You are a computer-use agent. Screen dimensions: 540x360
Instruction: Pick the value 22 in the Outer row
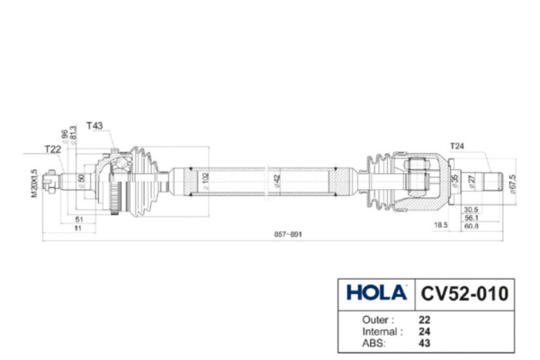coord(425,319)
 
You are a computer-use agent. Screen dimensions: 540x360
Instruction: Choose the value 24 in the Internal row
coord(425,330)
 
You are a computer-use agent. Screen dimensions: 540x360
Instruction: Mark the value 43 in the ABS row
coord(425,342)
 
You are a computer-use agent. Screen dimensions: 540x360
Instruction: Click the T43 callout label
coord(94,126)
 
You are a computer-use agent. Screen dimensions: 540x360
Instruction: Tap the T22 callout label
coord(53,148)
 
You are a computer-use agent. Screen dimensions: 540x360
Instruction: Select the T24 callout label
coord(459,144)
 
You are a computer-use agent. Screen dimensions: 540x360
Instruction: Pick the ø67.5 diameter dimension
coord(512,184)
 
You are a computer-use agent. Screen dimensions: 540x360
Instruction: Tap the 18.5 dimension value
coord(441,225)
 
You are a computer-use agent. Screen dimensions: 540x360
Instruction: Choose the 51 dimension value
coord(79,219)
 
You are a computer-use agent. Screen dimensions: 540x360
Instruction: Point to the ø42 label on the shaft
coord(278,180)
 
